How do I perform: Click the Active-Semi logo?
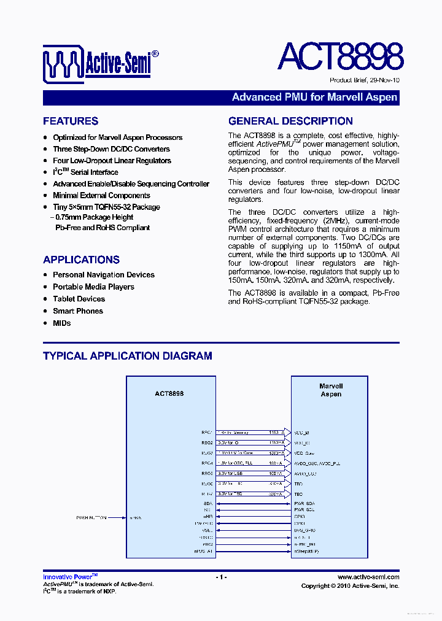pyautogui.click(x=101, y=63)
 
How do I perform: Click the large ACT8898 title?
pyautogui.click(x=340, y=57)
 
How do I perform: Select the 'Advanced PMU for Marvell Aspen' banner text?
pyautogui.click(x=314, y=98)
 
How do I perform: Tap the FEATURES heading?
pyautogui.click(x=71, y=121)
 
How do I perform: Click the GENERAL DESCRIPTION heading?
pyautogui.click(x=290, y=121)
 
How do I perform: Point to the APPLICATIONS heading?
pyautogui.click(x=81, y=260)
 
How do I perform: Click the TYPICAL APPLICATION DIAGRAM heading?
pyautogui.click(x=128, y=356)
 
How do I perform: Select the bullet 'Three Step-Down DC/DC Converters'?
pyautogui.click(x=111, y=149)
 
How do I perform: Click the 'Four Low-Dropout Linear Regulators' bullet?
pyautogui.click(x=112, y=161)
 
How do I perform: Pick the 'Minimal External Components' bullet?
pyautogui.click(x=101, y=196)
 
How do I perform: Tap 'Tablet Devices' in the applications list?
pyautogui.click(x=79, y=299)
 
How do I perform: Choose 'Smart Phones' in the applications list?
pyautogui.click(x=78, y=311)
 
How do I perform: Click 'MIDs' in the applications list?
pyautogui.click(x=62, y=323)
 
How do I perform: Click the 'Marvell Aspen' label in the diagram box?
pyautogui.click(x=331, y=390)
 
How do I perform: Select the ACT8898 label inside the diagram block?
pyautogui.click(x=169, y=394)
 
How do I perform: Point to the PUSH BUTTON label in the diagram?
pyautogui.click(x=91, y=518)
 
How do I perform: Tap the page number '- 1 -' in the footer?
pyautogui.click(x=221, y=577)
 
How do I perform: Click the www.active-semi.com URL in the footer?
pyautogui.click(x=368, y=577)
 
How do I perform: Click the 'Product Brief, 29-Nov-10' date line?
pyautogui.click(x=364, y=80)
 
